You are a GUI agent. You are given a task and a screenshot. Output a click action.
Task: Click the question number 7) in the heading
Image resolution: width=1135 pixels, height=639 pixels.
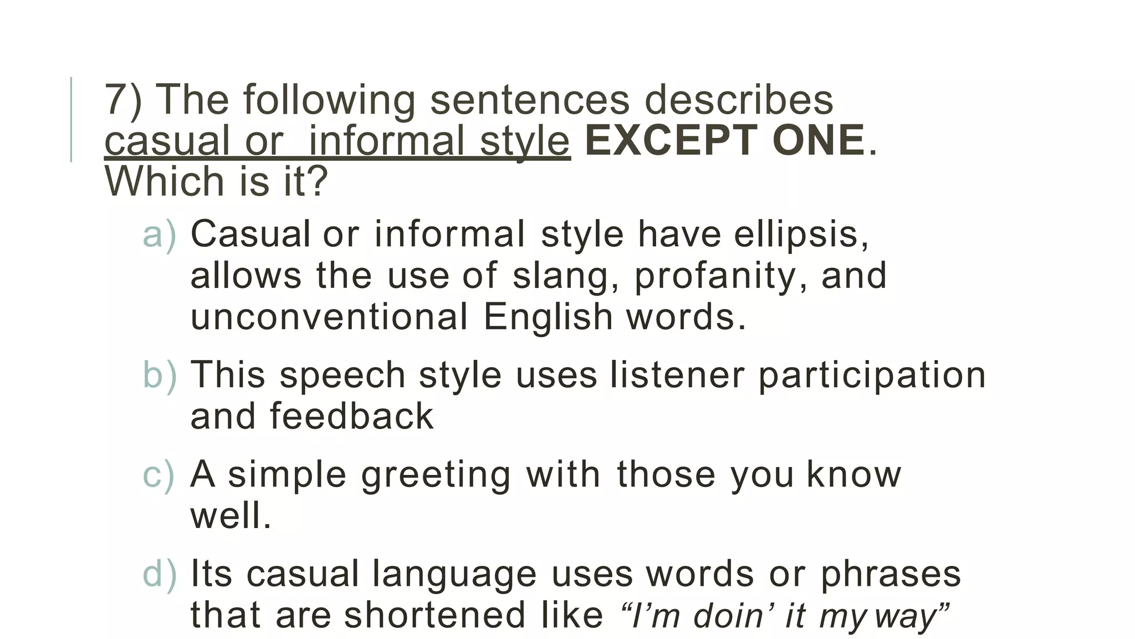(123, 100)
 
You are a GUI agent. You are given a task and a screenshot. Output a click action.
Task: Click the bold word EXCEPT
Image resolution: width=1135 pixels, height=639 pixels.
(671, 141)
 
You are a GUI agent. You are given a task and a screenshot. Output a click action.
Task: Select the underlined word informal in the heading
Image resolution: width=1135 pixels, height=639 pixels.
(386, 141)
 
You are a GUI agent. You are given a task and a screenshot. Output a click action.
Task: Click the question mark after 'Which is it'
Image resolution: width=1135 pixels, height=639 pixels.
(317, 181)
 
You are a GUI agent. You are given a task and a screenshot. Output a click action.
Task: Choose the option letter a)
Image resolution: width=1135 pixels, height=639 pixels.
(159, 235)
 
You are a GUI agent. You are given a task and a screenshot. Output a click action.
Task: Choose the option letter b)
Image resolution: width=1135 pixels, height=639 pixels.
(159, 375)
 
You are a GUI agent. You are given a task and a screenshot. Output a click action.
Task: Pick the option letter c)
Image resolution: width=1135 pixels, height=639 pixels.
(159, 475)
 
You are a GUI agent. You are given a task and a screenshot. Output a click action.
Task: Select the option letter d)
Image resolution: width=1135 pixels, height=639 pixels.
(159, 574)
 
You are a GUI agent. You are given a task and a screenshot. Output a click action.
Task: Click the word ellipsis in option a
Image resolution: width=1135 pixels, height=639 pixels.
(801, 235)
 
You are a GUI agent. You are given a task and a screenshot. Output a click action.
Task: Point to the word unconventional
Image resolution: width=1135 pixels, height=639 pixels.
(329, 317)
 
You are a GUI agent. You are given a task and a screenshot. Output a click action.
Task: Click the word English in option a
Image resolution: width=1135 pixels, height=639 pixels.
(548, 317)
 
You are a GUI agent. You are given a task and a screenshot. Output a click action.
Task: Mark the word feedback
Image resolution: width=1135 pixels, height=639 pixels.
(351, 416)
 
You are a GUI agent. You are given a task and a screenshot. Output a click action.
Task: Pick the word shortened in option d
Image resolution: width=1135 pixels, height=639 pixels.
(434, 615)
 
